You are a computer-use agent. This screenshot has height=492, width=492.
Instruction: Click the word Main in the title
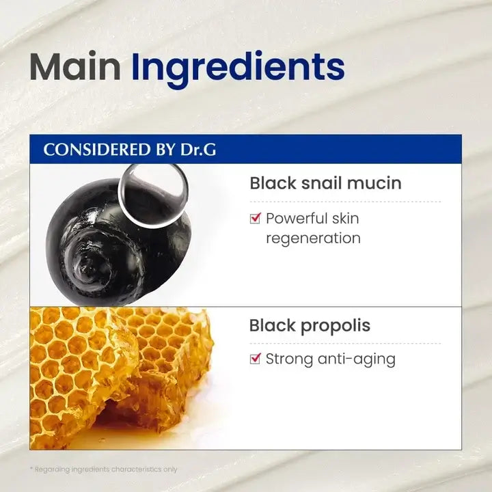coord(75,67)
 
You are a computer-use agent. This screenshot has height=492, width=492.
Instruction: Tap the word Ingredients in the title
coord(238,70)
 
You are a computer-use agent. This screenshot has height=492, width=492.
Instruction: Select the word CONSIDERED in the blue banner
coord(97,150)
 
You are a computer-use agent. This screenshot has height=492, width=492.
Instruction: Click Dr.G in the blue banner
coord(198,150)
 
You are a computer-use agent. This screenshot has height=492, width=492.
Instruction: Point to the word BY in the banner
coord(165,150)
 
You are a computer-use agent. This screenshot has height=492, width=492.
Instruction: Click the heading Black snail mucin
coord(325,183)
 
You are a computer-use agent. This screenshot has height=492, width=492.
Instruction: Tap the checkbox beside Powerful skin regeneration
coord(256,218)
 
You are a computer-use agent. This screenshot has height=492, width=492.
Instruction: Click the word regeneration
coord(313,238)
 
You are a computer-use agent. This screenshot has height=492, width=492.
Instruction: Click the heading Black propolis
coord(310,326)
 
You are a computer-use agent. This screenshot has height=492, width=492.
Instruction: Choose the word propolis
coord(336,327)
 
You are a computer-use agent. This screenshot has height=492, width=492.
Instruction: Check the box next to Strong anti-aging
coord(256,359)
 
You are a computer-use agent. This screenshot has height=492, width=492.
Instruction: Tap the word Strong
coord(289,359)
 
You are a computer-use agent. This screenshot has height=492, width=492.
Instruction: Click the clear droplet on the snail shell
coord(153,195)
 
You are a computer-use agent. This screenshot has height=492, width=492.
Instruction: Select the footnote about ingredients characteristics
coord(104,469)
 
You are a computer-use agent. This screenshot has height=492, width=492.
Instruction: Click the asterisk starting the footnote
coord(31,469)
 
